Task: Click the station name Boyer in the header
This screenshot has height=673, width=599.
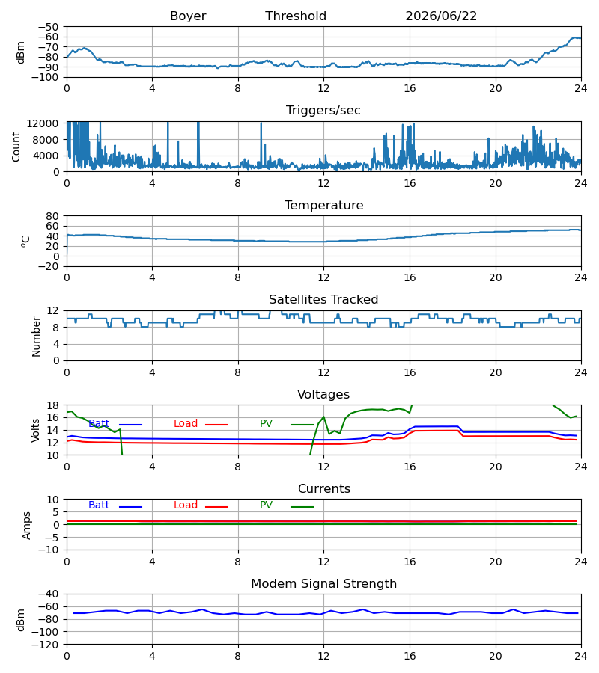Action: click(188, 16)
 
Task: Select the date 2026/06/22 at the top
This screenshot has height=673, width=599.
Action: click(441, 16)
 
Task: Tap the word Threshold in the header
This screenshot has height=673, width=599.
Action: click(296, 16)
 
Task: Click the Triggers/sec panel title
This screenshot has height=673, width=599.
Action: click(323, 111)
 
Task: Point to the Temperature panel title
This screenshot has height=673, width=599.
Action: click(323, 205)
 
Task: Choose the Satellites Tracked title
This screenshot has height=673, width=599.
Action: click(323, 300)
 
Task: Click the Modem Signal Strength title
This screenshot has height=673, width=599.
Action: click(323, 584)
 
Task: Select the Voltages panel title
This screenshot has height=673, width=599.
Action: click(323, 394)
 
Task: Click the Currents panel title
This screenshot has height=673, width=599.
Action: click(324, 489)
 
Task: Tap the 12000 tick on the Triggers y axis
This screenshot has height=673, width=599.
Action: click(42, 123)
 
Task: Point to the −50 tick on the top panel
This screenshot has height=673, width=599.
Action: click(48, 27)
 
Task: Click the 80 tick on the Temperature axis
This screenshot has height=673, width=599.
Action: click(52, 216)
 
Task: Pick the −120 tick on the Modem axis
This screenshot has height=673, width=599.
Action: click(45, 645)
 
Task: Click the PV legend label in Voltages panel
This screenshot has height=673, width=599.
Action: click(266, 424)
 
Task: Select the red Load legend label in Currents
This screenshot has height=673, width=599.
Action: click(185, 505)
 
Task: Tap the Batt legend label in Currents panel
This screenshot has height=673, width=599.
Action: click(99, 505)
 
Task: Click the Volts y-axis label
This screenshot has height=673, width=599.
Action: click(36, 430)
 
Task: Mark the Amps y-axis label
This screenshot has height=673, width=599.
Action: click(27, 526)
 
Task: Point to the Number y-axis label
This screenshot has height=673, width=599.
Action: click(36, 336)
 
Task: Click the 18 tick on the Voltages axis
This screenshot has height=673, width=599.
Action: click(52, 405)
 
